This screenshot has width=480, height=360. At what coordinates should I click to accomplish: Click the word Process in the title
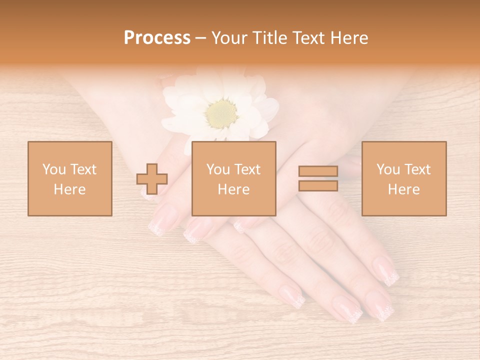point(157,38)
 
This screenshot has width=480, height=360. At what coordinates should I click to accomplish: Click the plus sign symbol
point(152,179)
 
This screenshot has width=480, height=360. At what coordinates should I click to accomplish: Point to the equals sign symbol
point(318,178)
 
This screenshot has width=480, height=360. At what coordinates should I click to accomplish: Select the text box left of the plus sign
point(69,178)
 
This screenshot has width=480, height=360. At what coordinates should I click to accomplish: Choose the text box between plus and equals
point(233,178)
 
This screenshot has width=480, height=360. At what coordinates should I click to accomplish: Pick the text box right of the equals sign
point(403,178)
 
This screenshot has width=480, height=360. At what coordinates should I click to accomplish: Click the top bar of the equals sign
point(318,171)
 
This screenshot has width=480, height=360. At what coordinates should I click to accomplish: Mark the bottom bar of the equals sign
point(318,185)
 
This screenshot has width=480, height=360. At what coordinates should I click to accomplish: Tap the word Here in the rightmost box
point(403,189)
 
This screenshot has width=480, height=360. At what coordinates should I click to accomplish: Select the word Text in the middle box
point(247,169)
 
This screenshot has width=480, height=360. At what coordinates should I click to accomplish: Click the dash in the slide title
point(201,38)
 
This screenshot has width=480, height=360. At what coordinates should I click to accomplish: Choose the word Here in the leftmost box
point(69,189)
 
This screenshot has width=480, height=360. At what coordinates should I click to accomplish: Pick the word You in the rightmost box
point(387,169)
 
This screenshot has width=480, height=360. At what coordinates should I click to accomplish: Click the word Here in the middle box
point(233,189)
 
